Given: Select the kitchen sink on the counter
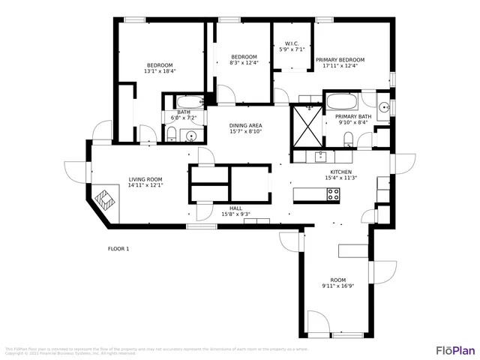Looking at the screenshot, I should point(321,156).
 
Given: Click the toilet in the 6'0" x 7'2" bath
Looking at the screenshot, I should point(172,136).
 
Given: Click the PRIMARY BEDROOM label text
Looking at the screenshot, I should point(340,59).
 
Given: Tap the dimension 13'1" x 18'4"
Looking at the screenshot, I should point(160,71).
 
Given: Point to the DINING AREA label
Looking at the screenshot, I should point(245,125).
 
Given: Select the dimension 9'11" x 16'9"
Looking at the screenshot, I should point(338,286).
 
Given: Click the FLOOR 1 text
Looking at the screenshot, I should point(118,248).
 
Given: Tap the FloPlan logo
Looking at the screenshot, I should point(455,350).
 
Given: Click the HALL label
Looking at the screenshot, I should point(235,208).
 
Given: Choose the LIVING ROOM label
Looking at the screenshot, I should point(145,179).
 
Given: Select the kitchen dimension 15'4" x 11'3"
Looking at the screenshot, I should point(340,178).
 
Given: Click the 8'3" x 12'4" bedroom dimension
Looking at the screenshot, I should point(244,63).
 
